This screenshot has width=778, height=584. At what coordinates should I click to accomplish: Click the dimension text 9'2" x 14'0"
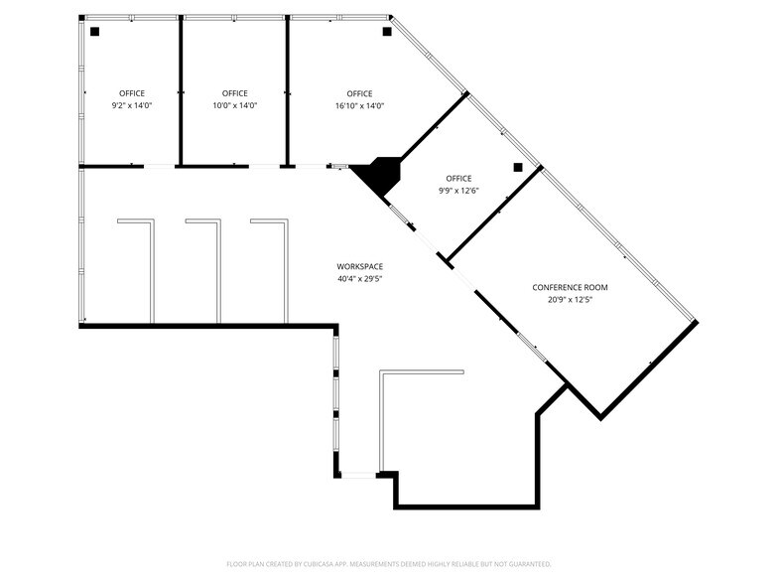click(132, 105)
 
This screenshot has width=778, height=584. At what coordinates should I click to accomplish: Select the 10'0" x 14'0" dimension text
click(235, 105)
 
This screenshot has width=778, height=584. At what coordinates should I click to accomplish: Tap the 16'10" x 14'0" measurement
click(359, 105)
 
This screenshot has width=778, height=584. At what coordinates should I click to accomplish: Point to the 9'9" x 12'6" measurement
click(458, 191)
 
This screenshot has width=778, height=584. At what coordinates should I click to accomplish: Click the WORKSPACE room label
click(359, 266)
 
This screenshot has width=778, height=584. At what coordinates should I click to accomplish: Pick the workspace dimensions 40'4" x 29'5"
click(359, 279)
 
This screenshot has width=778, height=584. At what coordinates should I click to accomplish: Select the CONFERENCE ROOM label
click(570, 287)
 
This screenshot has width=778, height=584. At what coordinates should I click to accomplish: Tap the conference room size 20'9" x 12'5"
click(570, 300)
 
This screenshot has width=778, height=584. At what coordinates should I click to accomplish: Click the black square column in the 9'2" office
click(94, 32)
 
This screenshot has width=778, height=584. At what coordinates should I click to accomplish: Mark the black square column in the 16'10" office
click(387, 32)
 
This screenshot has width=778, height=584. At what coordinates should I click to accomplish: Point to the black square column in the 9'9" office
click(517, 168)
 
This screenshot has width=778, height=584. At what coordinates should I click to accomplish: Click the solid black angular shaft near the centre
click(378, 177)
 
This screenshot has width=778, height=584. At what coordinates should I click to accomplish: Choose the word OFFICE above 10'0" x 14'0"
click(235, 93)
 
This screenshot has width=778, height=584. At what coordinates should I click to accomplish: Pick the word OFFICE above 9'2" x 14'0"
click(132, 93)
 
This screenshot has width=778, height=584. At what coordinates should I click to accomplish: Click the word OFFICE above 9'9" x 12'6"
click(458, 179)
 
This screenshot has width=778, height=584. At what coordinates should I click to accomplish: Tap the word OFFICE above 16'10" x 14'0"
click(359, 93)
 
